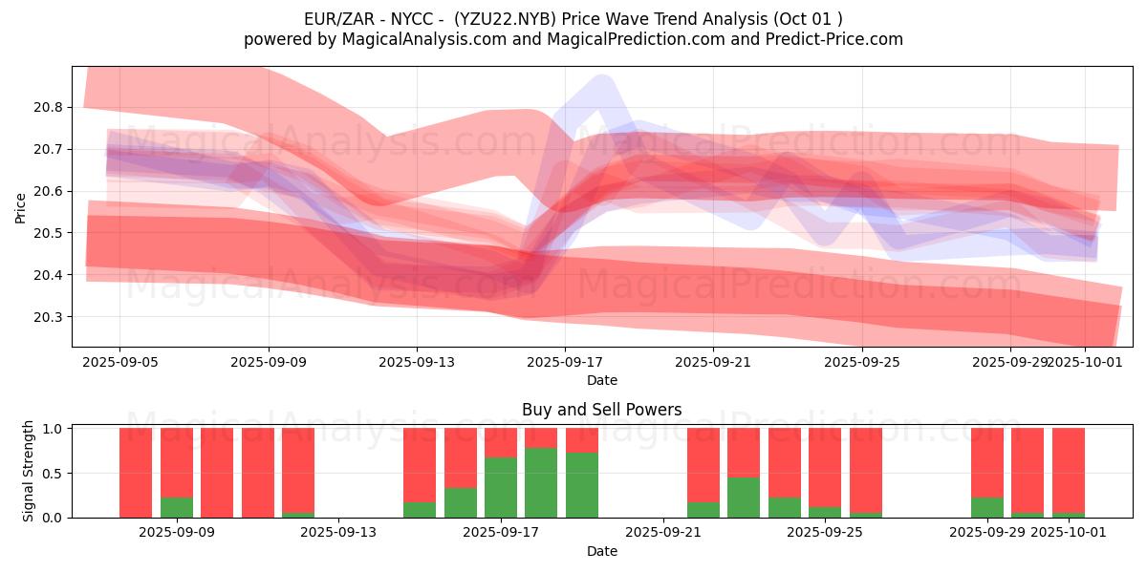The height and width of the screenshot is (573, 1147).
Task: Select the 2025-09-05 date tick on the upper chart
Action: pyautogui.click(x=119, y=363)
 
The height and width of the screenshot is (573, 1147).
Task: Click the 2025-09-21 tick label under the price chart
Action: pyautogui.click(x=714, y=363)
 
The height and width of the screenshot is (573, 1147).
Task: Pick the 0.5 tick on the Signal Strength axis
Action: pyautogui.click(x=53, y=474)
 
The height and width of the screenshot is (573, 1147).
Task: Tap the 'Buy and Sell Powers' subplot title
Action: pyautogui.click(x=601, y=410)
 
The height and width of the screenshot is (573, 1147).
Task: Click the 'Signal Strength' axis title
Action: pyautogui.click(x=29, y=471)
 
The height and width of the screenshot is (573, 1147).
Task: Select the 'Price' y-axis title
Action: pyautogui.click(x=21, y=207)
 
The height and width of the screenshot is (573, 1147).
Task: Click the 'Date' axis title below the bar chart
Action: pyautogui.click(x=601, y=551)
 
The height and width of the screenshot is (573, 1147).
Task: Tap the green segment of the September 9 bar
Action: pyautogui.click(x=177, y=508)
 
